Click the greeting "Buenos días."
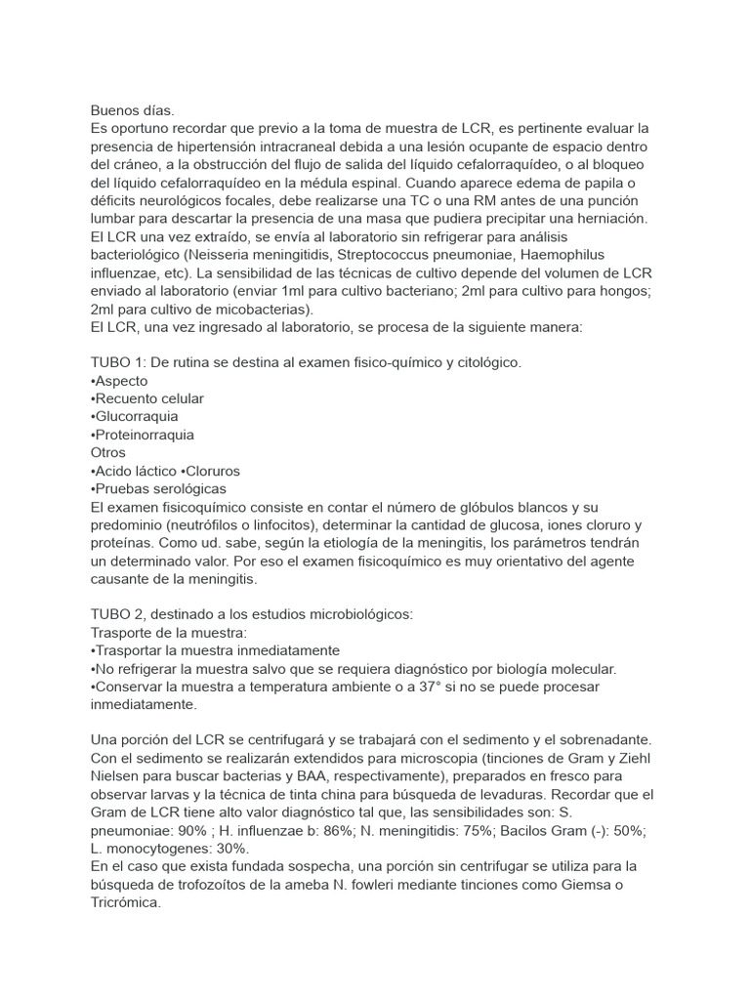(x=132, y=110)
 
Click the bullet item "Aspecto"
(x=118, y=381)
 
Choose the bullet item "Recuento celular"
(x=147, y=398)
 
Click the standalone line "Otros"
(x=108, y=453)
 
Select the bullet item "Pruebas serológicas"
(x=158, y=488)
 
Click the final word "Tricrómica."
(x=125, y=903)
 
